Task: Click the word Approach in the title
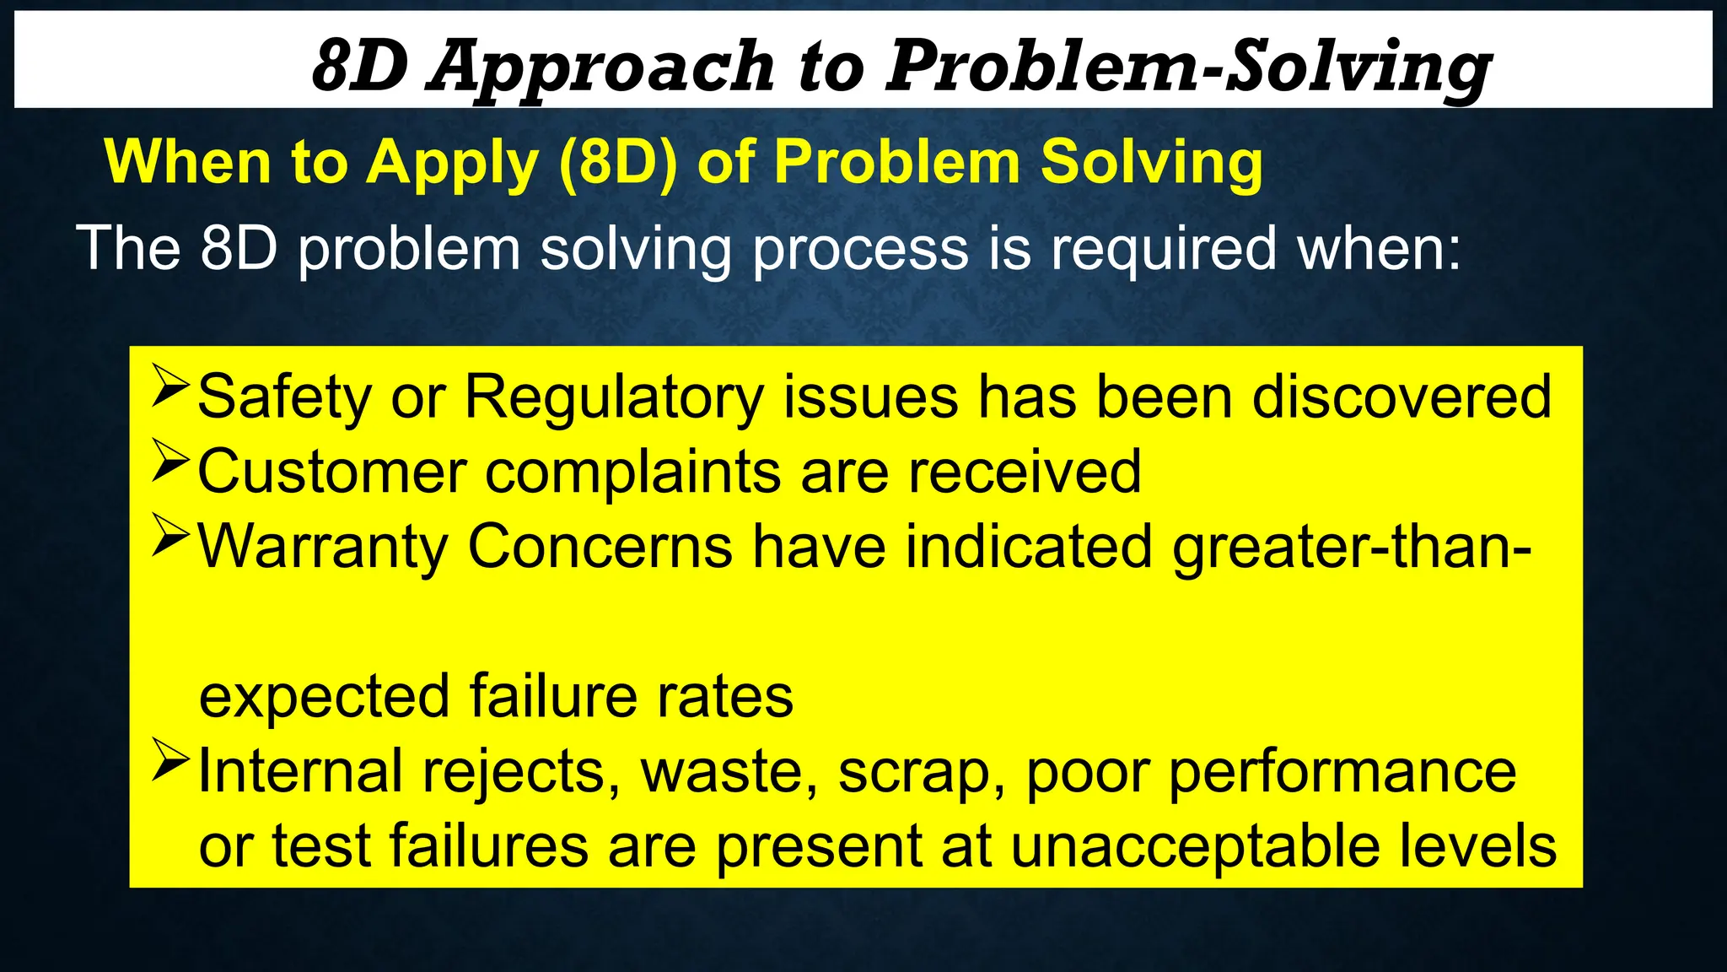click(x=600, y=67)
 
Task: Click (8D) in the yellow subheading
click(x=617, y=161)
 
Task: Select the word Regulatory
click(x=614, y=397)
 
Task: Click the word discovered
click(x=1401, y=396)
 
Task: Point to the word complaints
click(x=632, y=472)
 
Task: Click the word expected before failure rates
click(x=324, y=698)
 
